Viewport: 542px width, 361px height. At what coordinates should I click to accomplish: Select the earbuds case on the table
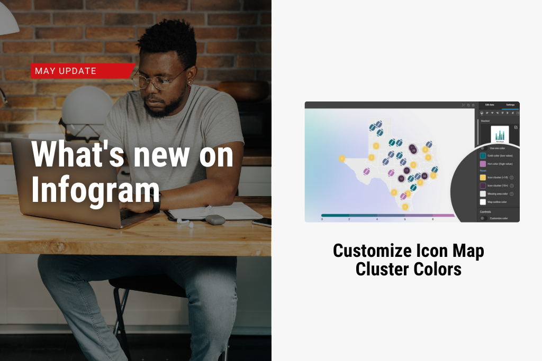(215, 219)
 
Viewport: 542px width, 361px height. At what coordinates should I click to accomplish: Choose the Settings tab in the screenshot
(510, 105)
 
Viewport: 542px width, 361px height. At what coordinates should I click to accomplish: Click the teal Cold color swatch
(483, 156)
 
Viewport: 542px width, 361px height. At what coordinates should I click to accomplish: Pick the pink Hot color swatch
(483, 164)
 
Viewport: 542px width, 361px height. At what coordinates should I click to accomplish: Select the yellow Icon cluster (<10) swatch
(483, 178)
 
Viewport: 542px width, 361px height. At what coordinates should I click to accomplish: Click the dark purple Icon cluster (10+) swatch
(483, 186)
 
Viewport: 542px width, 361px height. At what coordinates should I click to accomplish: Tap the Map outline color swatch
(483, 202)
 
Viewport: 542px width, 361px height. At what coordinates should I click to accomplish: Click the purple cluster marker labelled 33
(424, 176)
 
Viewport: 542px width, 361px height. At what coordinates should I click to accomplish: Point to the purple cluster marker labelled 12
(401, 179)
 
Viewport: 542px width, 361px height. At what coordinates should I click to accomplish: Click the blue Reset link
(483, 171)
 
